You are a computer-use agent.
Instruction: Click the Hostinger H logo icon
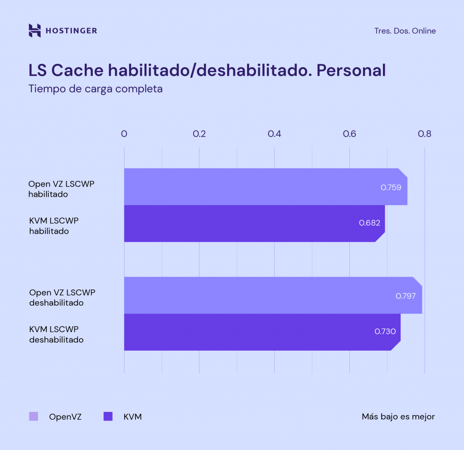(34, 30)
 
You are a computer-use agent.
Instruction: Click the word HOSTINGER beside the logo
(71, 31)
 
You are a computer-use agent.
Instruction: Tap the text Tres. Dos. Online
(405, 31)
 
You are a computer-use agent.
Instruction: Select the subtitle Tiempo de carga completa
(95, 89)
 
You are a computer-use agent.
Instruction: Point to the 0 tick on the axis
(124, 134)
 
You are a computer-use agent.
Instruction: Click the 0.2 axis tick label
(199, 134)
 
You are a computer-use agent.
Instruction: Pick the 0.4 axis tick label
(274, 134)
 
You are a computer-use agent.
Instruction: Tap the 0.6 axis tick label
(349, 134)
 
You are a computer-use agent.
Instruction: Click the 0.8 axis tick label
(425, 134)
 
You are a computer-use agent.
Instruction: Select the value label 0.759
(391, 187)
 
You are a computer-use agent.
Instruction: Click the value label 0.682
(369, 223)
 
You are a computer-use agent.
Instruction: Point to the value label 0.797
(406, 296)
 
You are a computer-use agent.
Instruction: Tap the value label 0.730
(385, 331)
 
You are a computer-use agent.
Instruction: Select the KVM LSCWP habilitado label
(53, 225)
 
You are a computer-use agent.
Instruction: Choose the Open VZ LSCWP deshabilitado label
(62, 297)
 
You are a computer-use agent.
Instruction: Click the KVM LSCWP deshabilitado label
(56, 334)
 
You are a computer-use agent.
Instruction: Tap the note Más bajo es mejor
(398, 416)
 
